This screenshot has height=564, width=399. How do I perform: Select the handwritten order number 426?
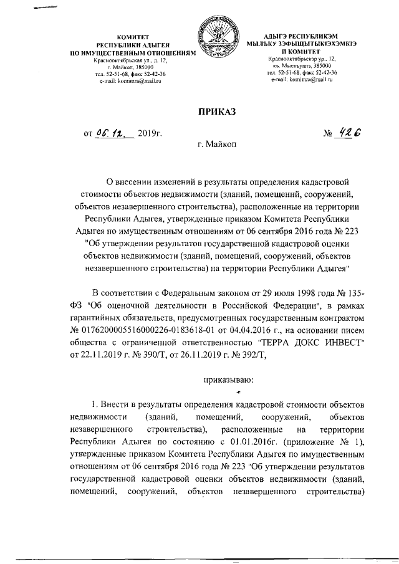click(x=349, y=133)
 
